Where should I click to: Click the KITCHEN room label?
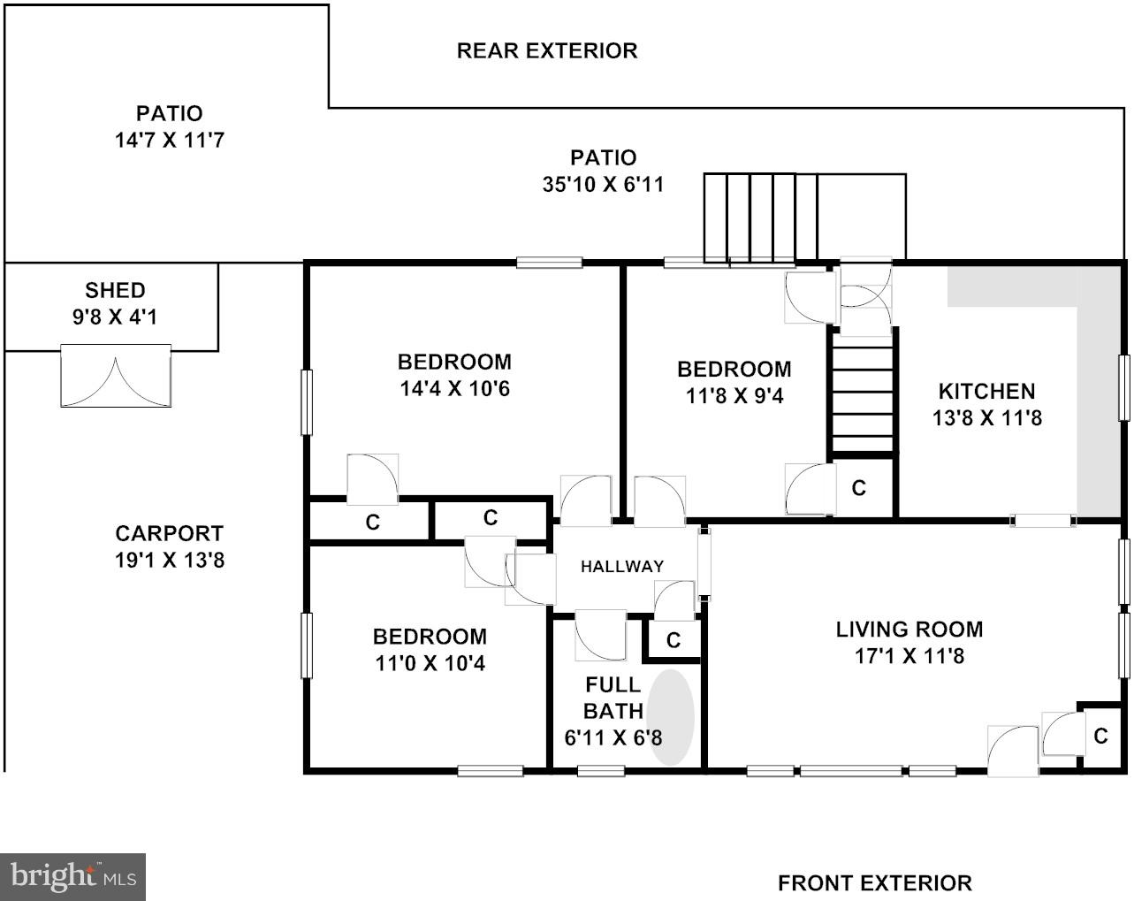pos(986,391)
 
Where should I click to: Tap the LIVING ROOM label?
pos(909,630)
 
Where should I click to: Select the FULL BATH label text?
pos(613,698)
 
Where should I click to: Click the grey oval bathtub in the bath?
pos(670,717)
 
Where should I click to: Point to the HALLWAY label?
pos(621,567)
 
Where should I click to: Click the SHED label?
pos(115,290)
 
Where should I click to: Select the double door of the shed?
pos(115,378)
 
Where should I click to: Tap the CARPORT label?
pos(169,533)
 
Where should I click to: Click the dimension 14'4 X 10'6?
pos(454,389)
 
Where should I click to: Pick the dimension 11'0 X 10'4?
pos(430,663)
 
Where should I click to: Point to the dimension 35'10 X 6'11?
pos(603,185)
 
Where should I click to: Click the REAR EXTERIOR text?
pos(546,51)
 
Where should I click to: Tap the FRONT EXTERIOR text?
pos(874,882)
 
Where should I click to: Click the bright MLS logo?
pos(73,876)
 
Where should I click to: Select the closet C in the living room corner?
pos(1100,736)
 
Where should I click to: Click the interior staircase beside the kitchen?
pos(863,399)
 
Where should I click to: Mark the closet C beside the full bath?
pos(674,640)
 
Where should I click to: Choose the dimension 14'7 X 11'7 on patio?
pos(169,140)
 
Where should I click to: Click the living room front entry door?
pos(1012,752)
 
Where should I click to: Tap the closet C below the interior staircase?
pos(858,487)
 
